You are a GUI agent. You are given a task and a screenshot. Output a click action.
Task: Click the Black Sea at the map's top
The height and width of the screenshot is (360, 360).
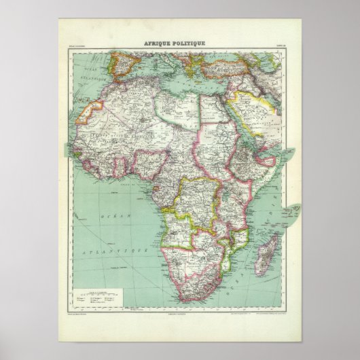tap(234, 53)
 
